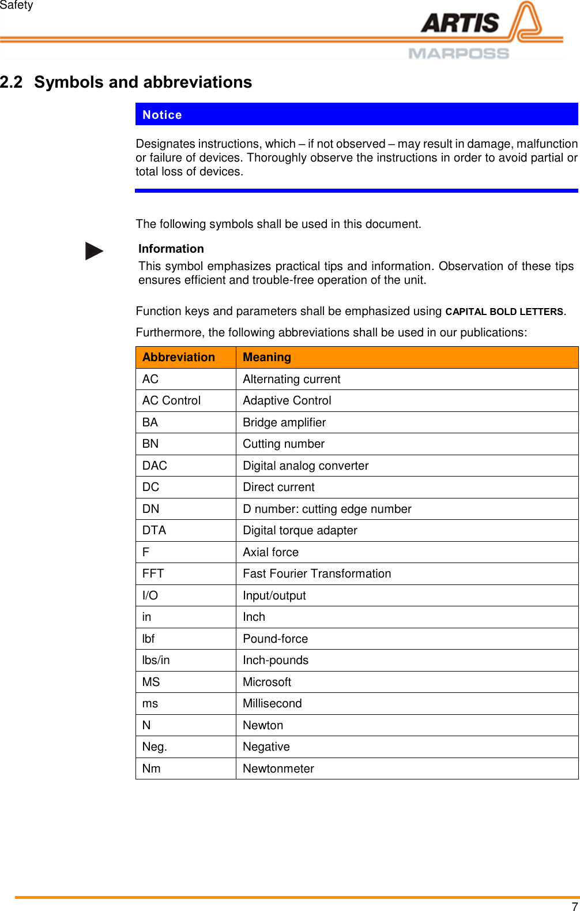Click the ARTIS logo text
460,23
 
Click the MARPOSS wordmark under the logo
458,54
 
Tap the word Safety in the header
17,5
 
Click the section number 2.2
12,82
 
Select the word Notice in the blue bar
162,115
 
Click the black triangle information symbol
94,251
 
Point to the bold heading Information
171,249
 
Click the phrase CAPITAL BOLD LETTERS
504,312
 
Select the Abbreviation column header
179,357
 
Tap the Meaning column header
267,357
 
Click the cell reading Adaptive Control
287,400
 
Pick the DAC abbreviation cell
155,466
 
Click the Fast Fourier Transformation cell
317,573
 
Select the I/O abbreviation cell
150,595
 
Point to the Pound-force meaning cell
275,639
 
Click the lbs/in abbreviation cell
156,660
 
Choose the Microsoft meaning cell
267,682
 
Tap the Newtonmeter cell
278,768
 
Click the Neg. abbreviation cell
155,747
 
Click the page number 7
574,906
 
